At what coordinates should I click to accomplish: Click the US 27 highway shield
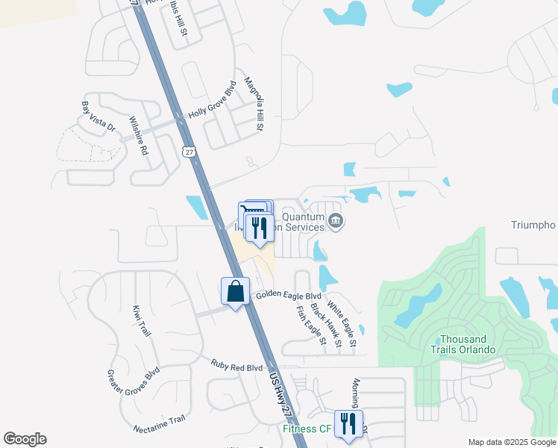(186, 152)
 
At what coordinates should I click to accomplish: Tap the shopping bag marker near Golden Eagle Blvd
(235, 291)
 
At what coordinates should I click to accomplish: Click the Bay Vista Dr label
(98, 116)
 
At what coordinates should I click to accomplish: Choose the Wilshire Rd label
(139, 135)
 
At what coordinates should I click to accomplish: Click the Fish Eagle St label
(311, 326)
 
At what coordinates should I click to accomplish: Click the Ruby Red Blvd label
(236, 368)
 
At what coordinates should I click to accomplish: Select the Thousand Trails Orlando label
(463, 344)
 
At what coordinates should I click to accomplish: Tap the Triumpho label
(533, 225)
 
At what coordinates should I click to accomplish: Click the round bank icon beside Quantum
(336, 221)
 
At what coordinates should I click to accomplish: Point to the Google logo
(25, 439)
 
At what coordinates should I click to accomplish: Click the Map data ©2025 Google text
(511, 442)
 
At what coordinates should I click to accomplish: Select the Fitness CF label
(306, 429)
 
